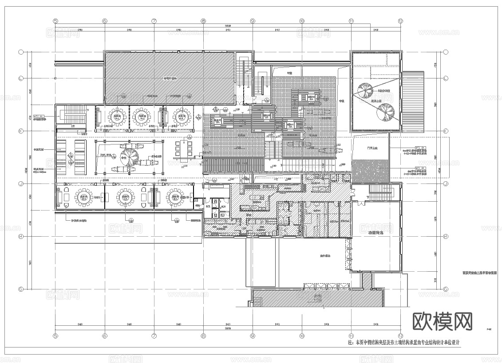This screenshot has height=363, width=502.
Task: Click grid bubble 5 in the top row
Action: tap(55, 21)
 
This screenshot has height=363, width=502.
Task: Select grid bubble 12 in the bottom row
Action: tap(400, 335)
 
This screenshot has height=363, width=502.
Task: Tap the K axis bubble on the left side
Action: tap(20, 131)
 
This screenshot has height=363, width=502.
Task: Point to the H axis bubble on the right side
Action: tap(445, 237)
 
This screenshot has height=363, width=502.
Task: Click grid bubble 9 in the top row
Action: tap(252, 21)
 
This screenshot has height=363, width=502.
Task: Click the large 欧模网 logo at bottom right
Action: tap(443, 321)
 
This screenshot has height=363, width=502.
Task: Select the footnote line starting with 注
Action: tap(404, 343)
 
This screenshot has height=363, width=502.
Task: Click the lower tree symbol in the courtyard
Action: tap(384, 112)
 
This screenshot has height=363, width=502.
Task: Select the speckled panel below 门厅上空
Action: tap(370, 171)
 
